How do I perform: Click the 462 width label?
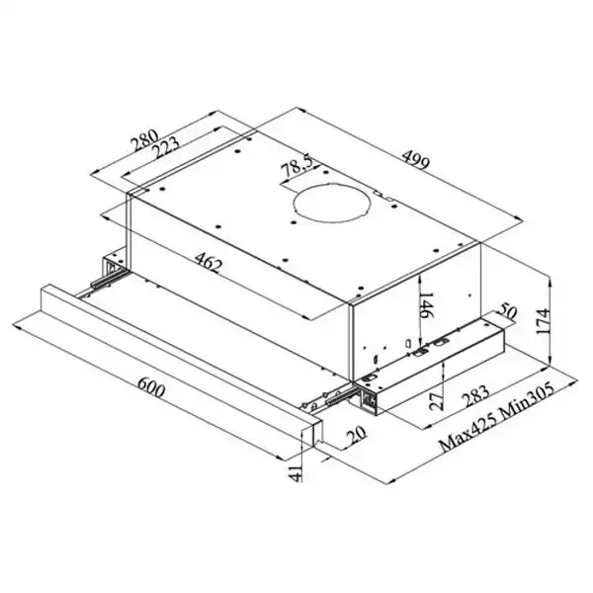206,264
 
